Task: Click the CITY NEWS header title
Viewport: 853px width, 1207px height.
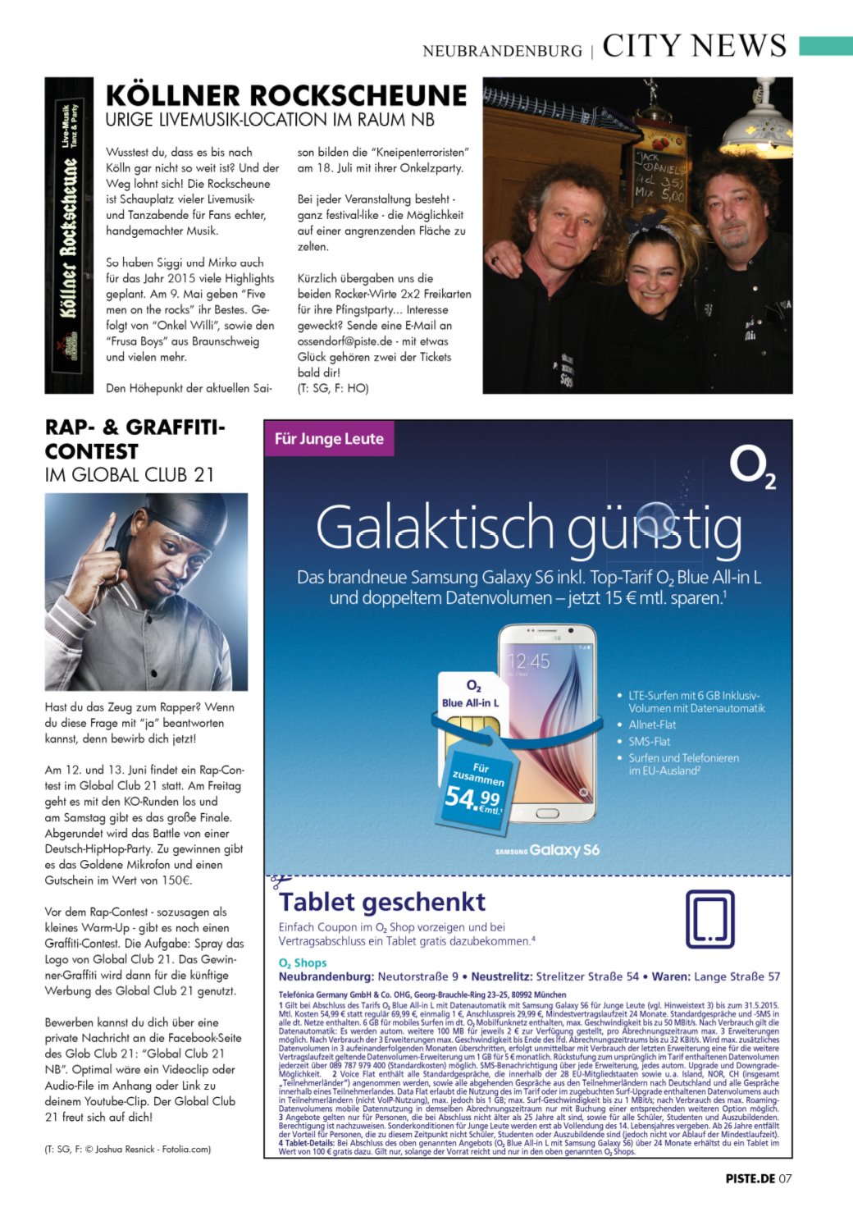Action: [x=694, y=46]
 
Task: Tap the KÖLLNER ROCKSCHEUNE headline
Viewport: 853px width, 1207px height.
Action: [x=286, y=95]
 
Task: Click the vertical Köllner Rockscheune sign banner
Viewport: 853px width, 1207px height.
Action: [x=69, y=235]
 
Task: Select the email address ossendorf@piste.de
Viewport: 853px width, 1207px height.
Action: [x=339, y=341]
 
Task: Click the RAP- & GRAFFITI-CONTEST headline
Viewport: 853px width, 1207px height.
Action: [x=135, y=439]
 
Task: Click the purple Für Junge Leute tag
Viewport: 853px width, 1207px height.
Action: [x=329, y=439]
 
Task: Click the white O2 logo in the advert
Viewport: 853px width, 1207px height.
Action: [x=752, y=469]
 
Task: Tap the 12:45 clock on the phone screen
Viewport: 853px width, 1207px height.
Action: [x=528, y=661]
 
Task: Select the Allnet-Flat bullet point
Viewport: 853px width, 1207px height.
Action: [x=652, y=725]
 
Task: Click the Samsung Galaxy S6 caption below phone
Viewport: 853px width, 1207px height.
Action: [x=547, y=851]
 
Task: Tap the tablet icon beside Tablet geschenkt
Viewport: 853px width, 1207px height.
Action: [x=709, y=920]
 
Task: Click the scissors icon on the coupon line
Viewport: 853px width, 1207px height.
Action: [x=280, y=882]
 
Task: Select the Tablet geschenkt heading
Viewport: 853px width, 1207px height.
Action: [x=382, y=903]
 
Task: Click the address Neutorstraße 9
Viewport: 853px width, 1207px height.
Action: [x=418, y=976]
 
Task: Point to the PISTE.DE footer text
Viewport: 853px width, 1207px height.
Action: [x=750, y=1178]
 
